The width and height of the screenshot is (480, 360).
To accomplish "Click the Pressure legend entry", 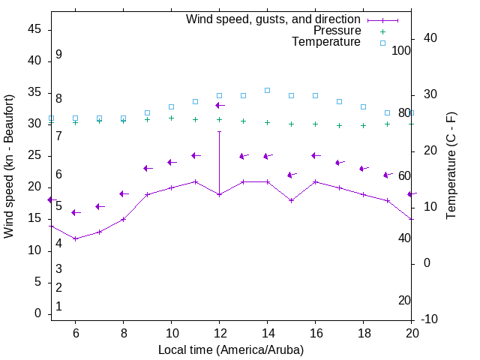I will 337,31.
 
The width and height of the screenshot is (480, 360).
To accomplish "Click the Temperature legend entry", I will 326,42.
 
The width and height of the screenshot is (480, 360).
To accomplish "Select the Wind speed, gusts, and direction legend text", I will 274,19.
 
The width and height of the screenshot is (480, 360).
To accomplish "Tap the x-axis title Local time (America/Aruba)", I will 231,349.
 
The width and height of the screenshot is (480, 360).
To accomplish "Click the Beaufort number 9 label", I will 58,55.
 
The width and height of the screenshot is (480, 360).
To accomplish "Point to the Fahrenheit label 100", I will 402,50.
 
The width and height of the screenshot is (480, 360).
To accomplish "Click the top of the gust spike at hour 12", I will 219,131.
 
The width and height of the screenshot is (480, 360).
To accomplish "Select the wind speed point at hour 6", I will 75,238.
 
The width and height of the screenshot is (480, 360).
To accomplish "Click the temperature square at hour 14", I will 267,90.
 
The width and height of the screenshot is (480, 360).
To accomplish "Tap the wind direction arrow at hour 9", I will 148,168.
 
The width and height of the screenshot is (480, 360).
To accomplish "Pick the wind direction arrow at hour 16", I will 316,155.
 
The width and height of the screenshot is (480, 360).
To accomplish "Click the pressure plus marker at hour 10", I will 171,118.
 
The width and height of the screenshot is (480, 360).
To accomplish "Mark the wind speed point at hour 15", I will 291,200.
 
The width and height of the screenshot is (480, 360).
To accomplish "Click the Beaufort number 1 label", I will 58,306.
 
